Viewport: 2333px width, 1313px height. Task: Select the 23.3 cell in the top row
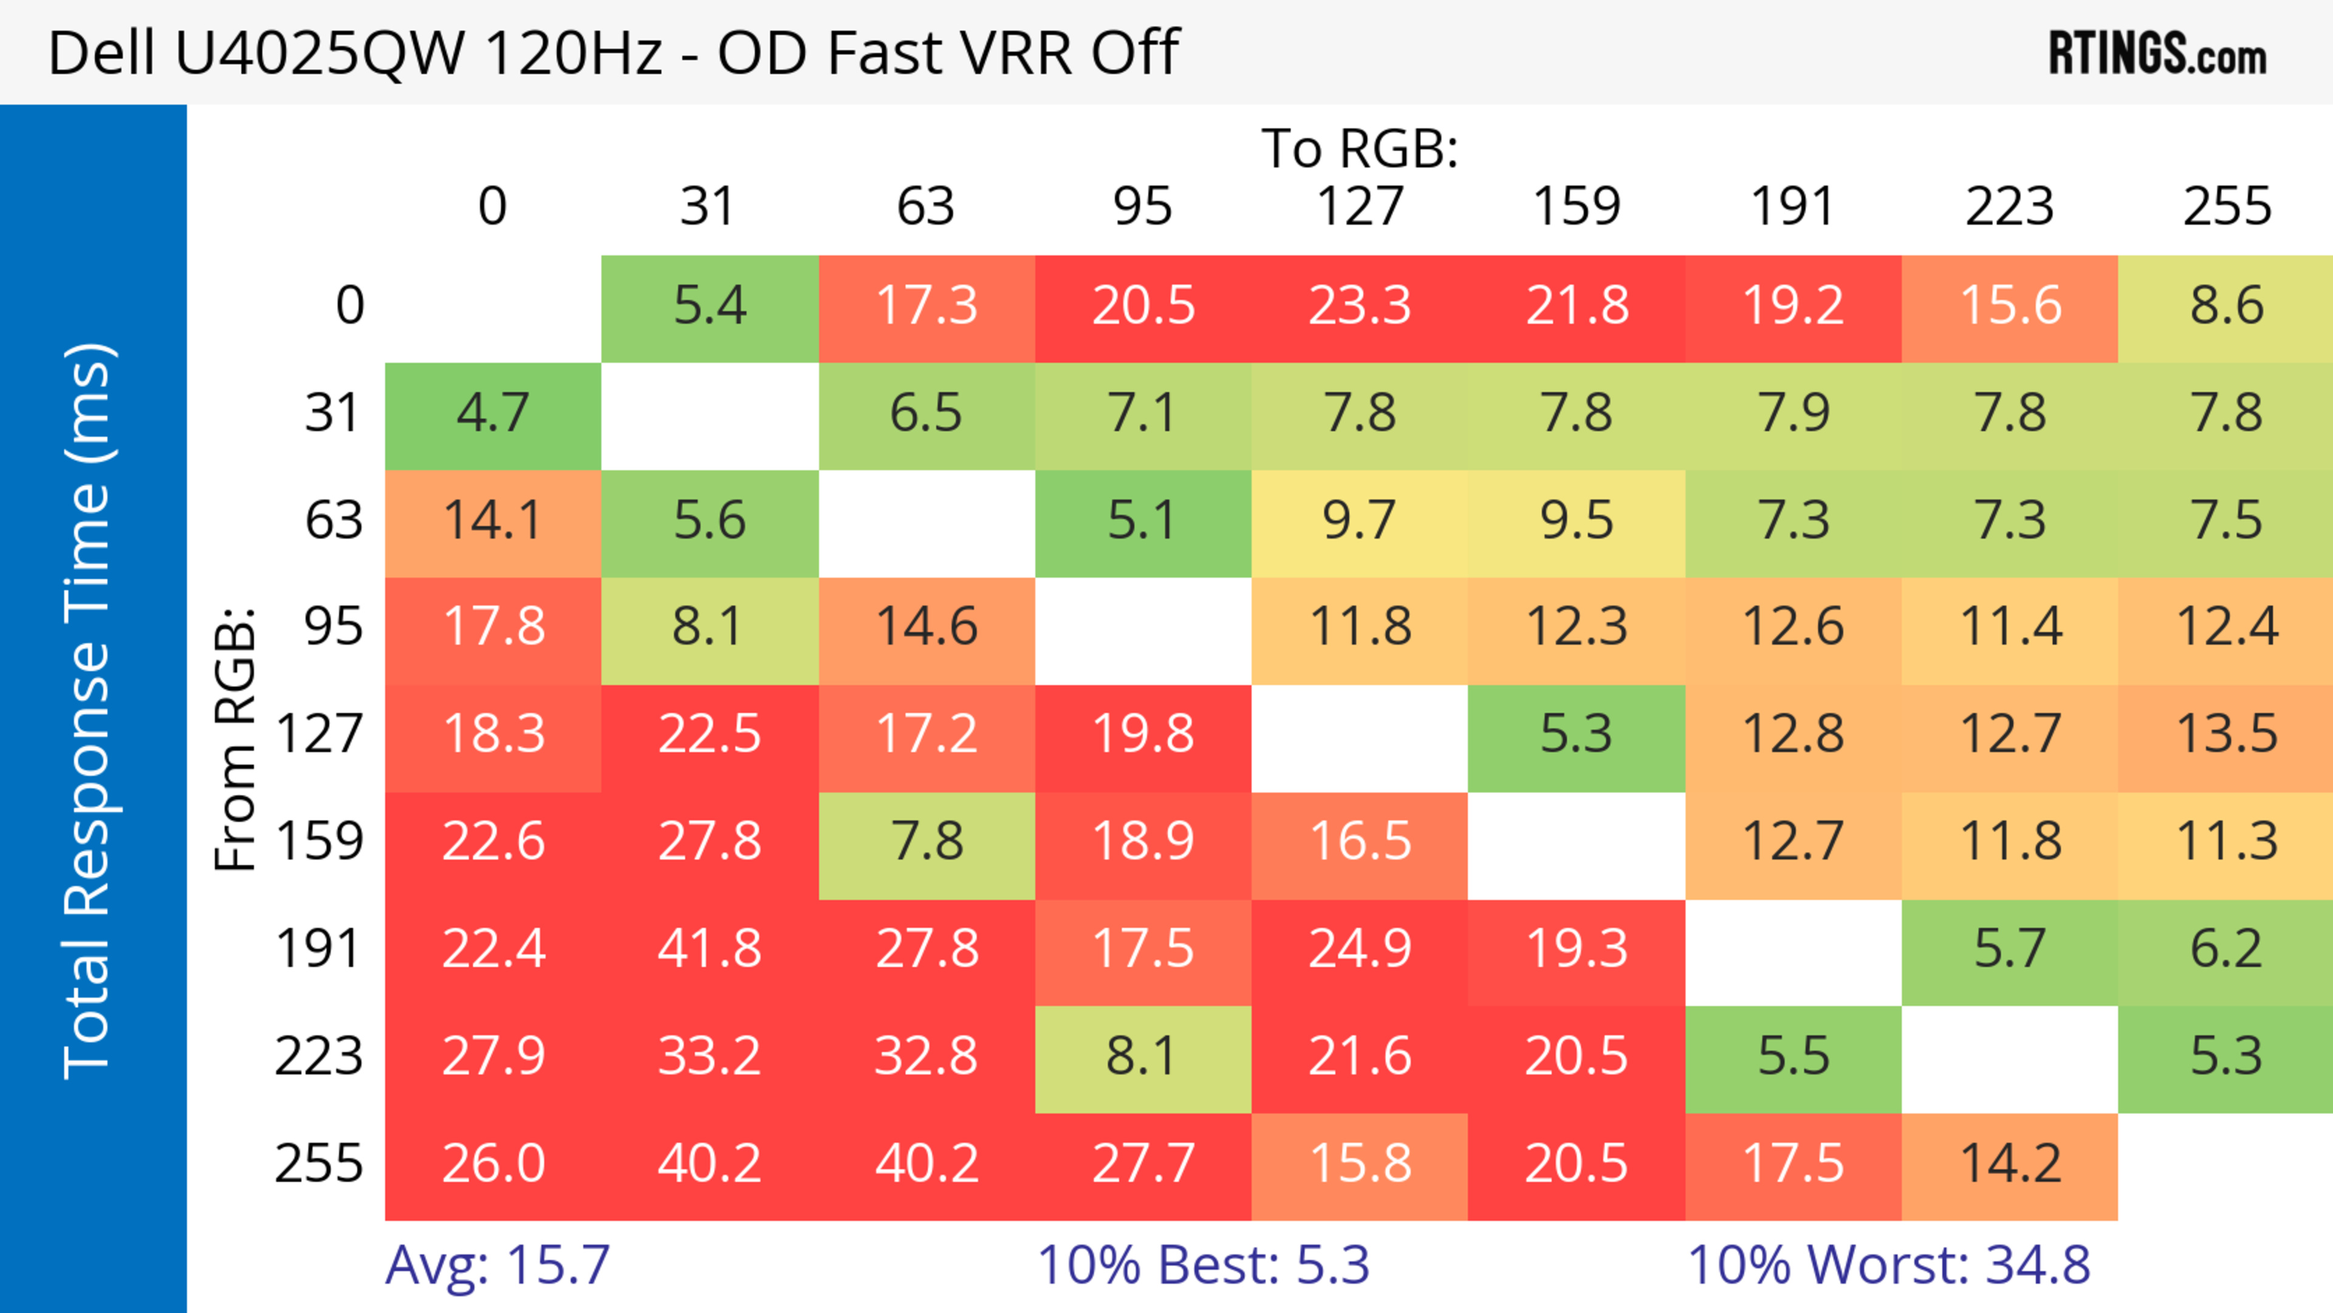coord(1360,307)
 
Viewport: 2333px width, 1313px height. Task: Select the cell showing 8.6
coord(2226,307)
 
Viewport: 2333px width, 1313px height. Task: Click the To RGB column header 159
coord(1576,207)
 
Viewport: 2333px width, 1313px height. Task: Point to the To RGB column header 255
coord(2226,207)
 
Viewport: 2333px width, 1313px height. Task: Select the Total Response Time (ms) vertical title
coord(89,711)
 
